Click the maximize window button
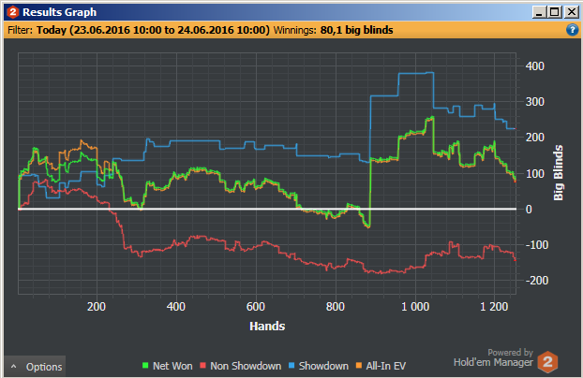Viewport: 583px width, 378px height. pyautogui.click(x=555, y=12)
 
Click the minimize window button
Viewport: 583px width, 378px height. pyautogui.click(x=539, y=12)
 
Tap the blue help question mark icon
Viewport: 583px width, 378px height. pyautogui.click(x=572, y=30)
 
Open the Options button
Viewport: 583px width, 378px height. pyautogui.click(x=37, y=367)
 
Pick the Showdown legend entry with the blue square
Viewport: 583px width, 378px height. pyautogui.click(x=319, y=366)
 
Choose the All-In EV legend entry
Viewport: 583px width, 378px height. pyautogui.click(x=384, y=366)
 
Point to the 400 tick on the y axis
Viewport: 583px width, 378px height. pyautogui.click(x=535, y=66)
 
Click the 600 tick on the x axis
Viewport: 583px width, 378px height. pyautogui.click(x=255, y=307)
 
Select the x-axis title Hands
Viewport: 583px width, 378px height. pyautogui.click(x=267, y=327)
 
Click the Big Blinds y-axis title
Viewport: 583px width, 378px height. pyautogui.click(x=559, y=172)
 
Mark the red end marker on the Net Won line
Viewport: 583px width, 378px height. pyautogui.click(x=515, y=180)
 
